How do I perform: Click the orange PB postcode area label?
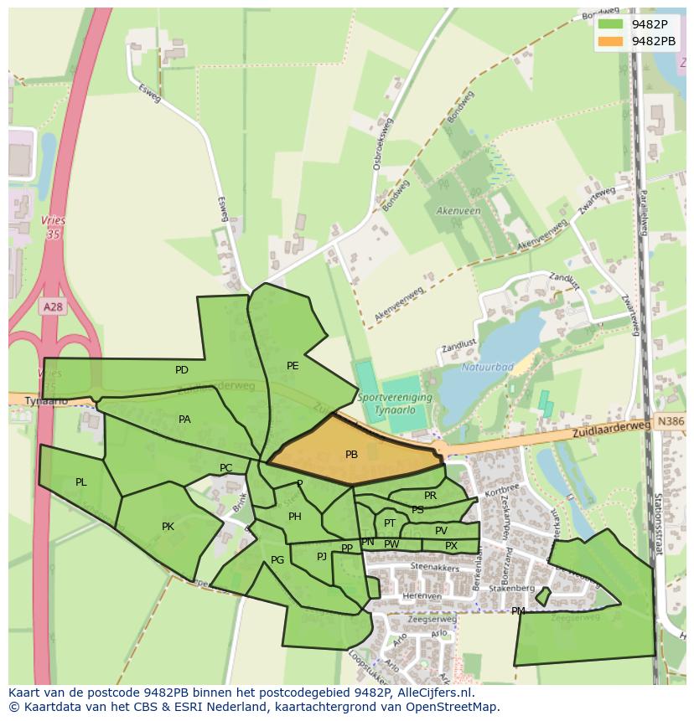(351, 455)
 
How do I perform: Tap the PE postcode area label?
(293, 366)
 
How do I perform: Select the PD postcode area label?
(182, 370)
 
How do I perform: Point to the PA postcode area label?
(184, 420)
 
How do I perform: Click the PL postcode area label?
(81, 482)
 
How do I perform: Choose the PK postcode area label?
(168, 527)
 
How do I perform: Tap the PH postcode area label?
(294, 517)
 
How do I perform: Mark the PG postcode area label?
(277, 560)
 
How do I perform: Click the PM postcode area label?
(518, 611)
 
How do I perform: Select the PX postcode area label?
(451, 546)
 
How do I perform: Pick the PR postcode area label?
(430, 496)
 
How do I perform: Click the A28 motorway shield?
(53, 307)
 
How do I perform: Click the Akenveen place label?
(458, 211)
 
